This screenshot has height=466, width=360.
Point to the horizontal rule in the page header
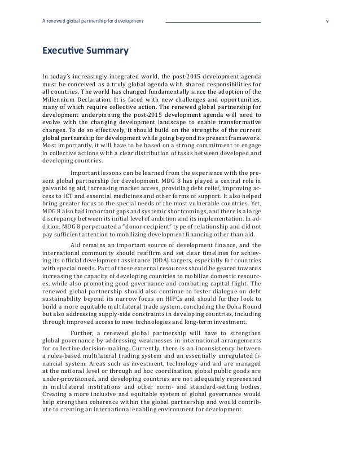click(213, 22)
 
